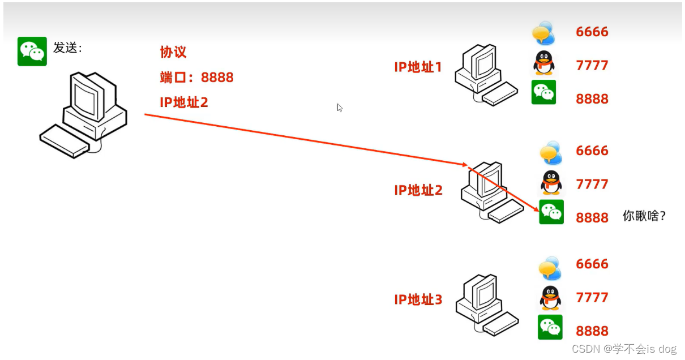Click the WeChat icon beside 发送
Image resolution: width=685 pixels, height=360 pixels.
[x=32, y=52]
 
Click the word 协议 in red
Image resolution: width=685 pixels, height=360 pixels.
[x=173, y=53]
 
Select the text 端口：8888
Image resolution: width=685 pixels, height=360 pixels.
[x=196, y=78]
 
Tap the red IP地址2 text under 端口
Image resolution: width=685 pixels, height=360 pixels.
[x=184, y=102]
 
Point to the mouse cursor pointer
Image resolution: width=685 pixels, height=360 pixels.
[x=340, y=108]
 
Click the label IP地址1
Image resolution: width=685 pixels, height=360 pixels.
[x=418, y=67]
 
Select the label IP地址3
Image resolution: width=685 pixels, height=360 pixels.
[x=418, y=299]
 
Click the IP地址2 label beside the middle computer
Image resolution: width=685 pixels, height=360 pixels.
[x=418, y=190]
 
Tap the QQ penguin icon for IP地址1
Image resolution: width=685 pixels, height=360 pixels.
[x=544, y=63]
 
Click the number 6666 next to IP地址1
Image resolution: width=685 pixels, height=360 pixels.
[x=592, y=32]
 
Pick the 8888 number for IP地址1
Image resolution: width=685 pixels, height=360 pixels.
[x=592, y=99]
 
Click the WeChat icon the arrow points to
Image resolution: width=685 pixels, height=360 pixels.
[x=551, y=212]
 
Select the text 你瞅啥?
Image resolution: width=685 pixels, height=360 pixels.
[x=644, y=216]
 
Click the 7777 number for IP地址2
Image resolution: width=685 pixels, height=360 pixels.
[x=592, y=184]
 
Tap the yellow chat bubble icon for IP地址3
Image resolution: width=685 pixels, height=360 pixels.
[x=550, y=268]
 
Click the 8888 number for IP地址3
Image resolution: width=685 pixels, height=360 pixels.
[x=592, y=331]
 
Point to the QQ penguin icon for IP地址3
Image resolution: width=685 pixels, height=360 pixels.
[x=550, y=298]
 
